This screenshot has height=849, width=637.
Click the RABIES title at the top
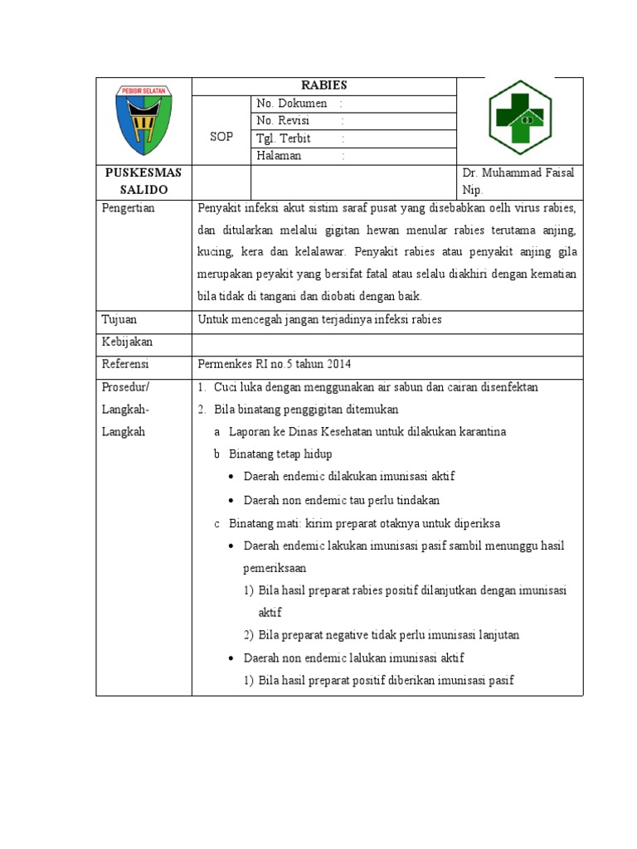click(323, 85)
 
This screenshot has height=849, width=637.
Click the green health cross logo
click(519, 118)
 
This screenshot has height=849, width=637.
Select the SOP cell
click(221, 137)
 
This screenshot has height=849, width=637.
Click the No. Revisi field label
click(283, 121)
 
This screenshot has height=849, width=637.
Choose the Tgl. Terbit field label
click(284, 138)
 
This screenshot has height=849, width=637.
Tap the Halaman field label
click(279, 156)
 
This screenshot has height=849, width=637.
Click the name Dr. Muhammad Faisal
click(518, 172)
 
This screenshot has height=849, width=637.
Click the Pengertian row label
click(128, 208)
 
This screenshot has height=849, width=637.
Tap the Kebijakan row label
click(127, 342)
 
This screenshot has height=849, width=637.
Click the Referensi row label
click(125, 364)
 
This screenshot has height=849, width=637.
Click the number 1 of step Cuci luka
click(202, 387)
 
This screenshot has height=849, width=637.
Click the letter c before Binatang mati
click(216, 524)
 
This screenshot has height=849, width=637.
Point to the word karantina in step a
click(480, 432)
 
